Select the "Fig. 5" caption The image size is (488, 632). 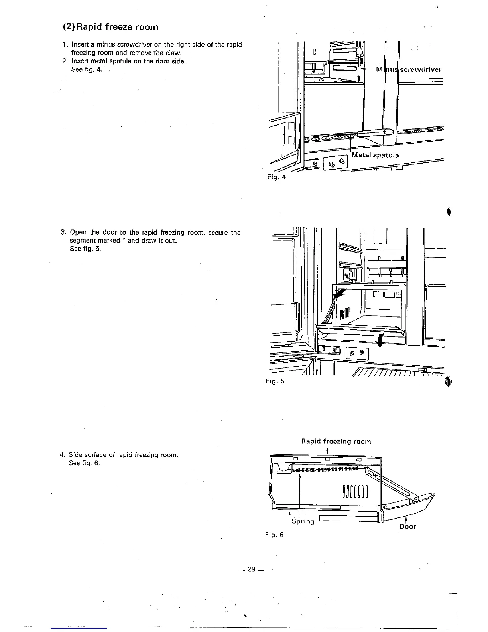click(275, 381)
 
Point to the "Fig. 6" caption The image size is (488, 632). click(274, 535)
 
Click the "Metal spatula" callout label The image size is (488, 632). click(375, 155)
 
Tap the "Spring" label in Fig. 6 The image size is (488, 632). click(303, 521)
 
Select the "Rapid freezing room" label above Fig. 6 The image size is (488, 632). click(336, 441)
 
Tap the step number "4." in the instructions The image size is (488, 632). click(62, 455)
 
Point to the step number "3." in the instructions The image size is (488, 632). click(63, 232)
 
